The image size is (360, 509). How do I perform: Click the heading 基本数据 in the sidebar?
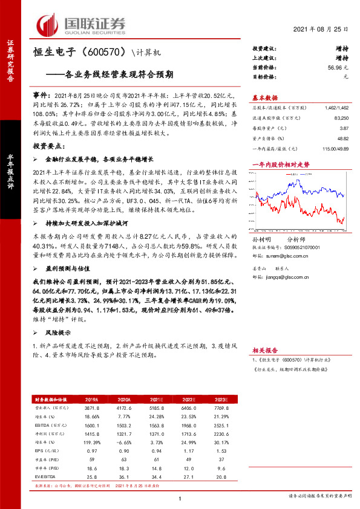[x=265, y=97]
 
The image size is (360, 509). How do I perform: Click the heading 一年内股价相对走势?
[x=280, y=164]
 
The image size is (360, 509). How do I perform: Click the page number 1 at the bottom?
[x=180, y=498]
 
